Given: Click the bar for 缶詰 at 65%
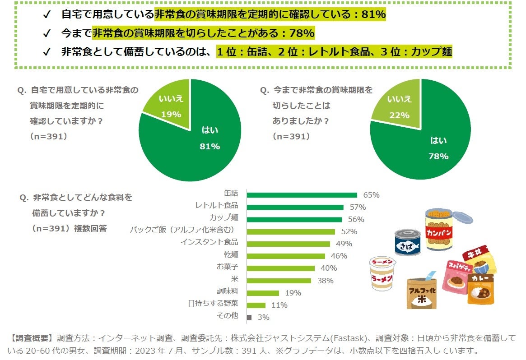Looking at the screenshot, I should click(x=302, y=195).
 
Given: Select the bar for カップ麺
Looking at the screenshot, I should click(x=294, y=219).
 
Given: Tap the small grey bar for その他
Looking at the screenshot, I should click(x=249, y=317).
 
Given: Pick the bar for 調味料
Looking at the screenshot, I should click(x=263, y=293).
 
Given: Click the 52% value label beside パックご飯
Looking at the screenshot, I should click(x=349, y=231).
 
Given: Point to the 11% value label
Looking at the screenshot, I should click(x=279, y=305).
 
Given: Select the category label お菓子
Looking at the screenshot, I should click(x=227, y=267).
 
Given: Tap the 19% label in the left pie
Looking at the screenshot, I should click(x=171, y=114).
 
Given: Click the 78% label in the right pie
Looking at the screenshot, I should click(x=438, y=156).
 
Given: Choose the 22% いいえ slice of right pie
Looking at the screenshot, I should click(x=400, y=106).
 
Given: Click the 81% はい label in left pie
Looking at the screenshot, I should click(x=209, y=146).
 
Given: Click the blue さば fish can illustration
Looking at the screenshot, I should click(x=407, y=242).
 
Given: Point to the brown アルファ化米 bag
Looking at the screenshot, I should click(x=421, y=292).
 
